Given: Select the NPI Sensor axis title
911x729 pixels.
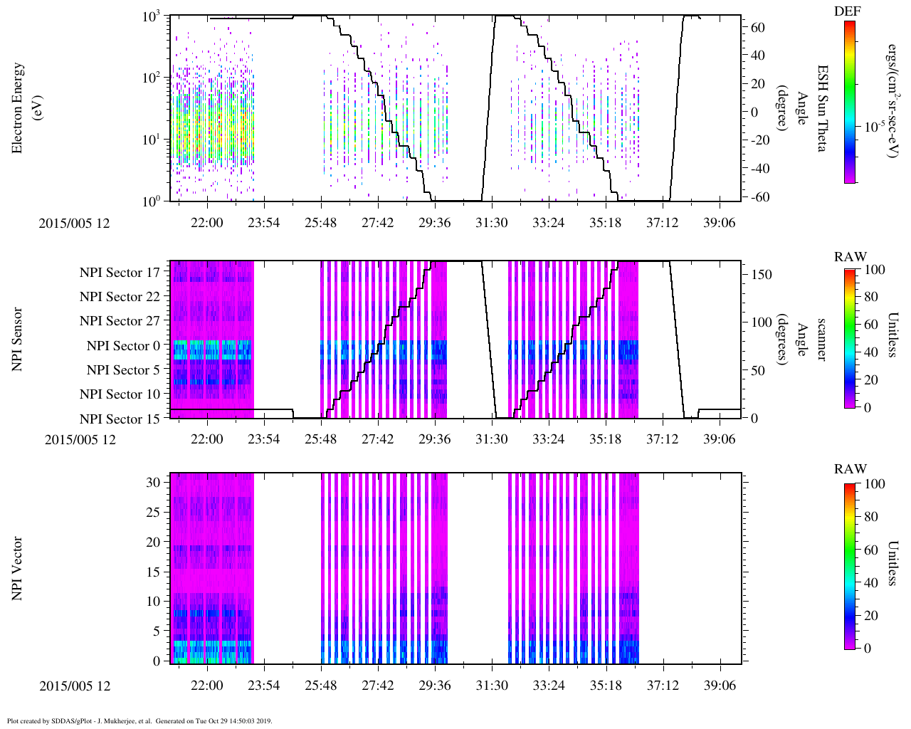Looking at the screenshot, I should point(18,340).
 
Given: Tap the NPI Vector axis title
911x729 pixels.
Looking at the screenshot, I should point(18,569).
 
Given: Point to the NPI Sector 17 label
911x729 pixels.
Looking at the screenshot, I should point(120,273).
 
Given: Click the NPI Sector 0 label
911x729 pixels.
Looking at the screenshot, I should point(123,346).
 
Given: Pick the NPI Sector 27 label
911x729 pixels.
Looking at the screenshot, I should point(120,321).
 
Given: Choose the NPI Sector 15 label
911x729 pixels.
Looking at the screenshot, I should point(120,419).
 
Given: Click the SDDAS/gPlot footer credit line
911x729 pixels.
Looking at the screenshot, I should point(139,721).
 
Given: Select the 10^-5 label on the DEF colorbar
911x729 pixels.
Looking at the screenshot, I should point(875,127).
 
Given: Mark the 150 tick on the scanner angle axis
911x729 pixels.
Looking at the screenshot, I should point(762,275).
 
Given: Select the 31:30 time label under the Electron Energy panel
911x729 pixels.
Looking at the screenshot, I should point(491,223).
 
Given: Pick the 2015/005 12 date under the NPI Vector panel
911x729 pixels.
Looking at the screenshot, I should point(75,686).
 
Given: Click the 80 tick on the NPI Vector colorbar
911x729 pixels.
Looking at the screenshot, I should point(875,517).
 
